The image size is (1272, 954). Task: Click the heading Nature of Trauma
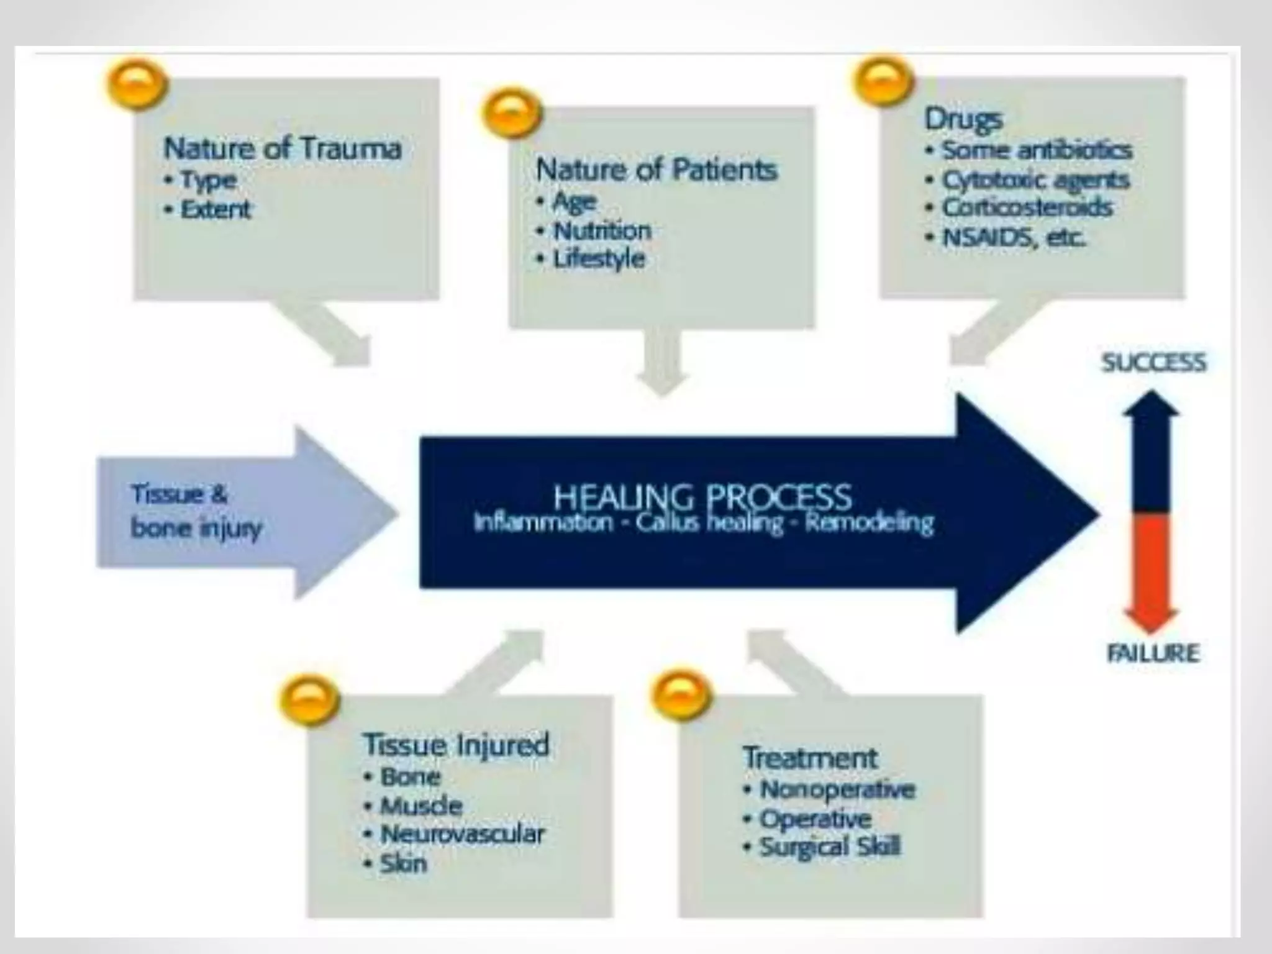click(283, 148)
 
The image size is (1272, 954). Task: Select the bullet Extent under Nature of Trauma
click(216, 210)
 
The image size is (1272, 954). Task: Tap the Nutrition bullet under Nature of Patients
click(602, 231)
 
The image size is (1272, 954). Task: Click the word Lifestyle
click(599, 259)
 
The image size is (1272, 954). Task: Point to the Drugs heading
click(963, 119)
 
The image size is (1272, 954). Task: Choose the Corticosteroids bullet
click(1027, 207)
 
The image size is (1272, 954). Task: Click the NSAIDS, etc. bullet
click(1014, 237)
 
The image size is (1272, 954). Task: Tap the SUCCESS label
click(1153, 362)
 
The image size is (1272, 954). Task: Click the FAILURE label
click(1153, 653)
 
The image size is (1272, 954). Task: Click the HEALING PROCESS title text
click(702, 497)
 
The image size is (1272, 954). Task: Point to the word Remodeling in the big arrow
click(869, 523)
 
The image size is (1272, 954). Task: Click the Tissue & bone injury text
click(196, 511)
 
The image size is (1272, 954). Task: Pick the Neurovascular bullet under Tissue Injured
click(462, 834)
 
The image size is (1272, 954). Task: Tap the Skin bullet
click(403, 863)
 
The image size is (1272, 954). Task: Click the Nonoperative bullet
click(837, 789)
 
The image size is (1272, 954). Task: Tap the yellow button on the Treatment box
click(680, 696)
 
